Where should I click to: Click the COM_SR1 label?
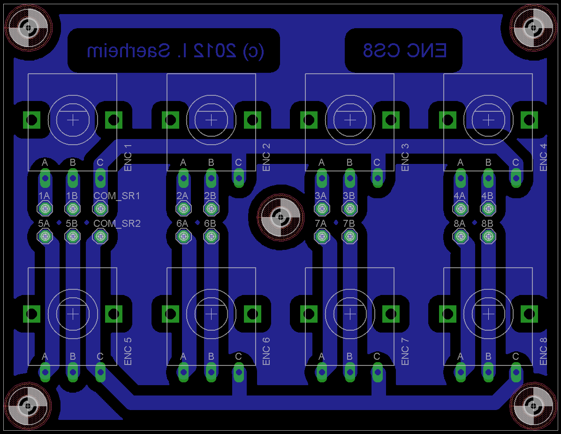(x=117, y=195)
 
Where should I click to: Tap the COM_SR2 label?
(x=117, y=224)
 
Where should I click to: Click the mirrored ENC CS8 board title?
(x=404, y=51)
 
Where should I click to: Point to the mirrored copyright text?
(x=175, y=51)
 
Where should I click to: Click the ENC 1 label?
(x=128, y=158)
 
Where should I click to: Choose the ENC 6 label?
(x=266, y=352)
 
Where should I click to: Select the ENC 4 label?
(x=543, y=158)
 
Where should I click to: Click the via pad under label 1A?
(x=45, y=208)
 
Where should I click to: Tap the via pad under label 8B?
(x=488, y=237)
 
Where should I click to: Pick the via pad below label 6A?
(x=183, y=237)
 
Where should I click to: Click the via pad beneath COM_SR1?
(x=100, y=208)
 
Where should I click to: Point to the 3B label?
(x=349, y=195)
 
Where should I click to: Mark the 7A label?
(x=321, y=224)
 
